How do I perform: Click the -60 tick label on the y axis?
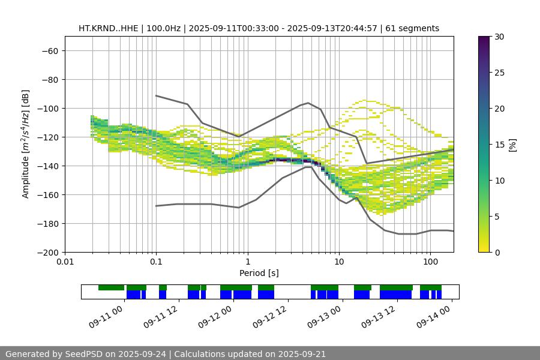tap(50, 50)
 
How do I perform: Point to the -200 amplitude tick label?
tap(47, 252)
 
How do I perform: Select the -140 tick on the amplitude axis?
tap(47, 166)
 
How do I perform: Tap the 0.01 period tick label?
tap(65, 262)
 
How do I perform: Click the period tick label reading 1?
tap(247, 262)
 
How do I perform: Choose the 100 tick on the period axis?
tap(430, 262)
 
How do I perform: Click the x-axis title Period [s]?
tap(259, 273)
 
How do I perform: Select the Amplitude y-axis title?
tap(25, 144)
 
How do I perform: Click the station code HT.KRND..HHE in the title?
tap(108, 28)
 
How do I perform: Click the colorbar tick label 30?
tap(499, 37)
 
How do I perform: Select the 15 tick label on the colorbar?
tap(499, 145)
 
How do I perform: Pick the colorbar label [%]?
tap(512, 144)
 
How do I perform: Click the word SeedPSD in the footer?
tap(87, 354)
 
